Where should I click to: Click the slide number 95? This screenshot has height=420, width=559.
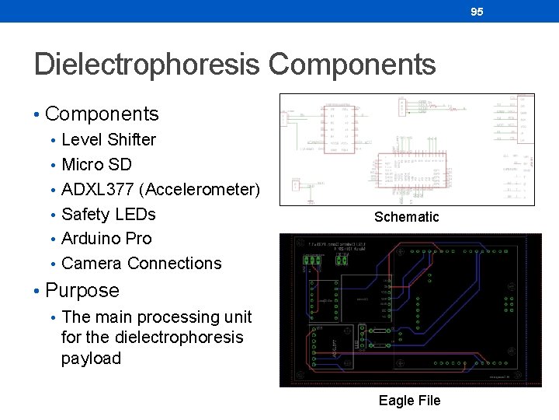click(477, 12)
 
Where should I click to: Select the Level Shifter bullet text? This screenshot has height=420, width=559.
click(109, 140)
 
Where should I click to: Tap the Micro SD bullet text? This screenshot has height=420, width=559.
click(96, 165)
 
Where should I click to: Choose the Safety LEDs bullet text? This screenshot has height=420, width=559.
click(109, 214)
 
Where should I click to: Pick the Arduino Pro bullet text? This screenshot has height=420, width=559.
click(106, 239)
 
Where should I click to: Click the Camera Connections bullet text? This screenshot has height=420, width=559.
click(141, 264)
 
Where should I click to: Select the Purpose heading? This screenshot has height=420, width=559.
click(82, 291)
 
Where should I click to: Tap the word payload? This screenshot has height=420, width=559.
click(92, 359)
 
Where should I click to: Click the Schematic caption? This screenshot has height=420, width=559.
click(406, 217)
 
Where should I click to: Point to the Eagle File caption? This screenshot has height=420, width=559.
click(409, 401)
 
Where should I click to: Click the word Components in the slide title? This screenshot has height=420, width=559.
click(352, 65)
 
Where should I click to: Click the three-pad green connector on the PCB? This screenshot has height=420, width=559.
click(313, 261)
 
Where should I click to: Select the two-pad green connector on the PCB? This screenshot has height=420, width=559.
click(341, 261)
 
